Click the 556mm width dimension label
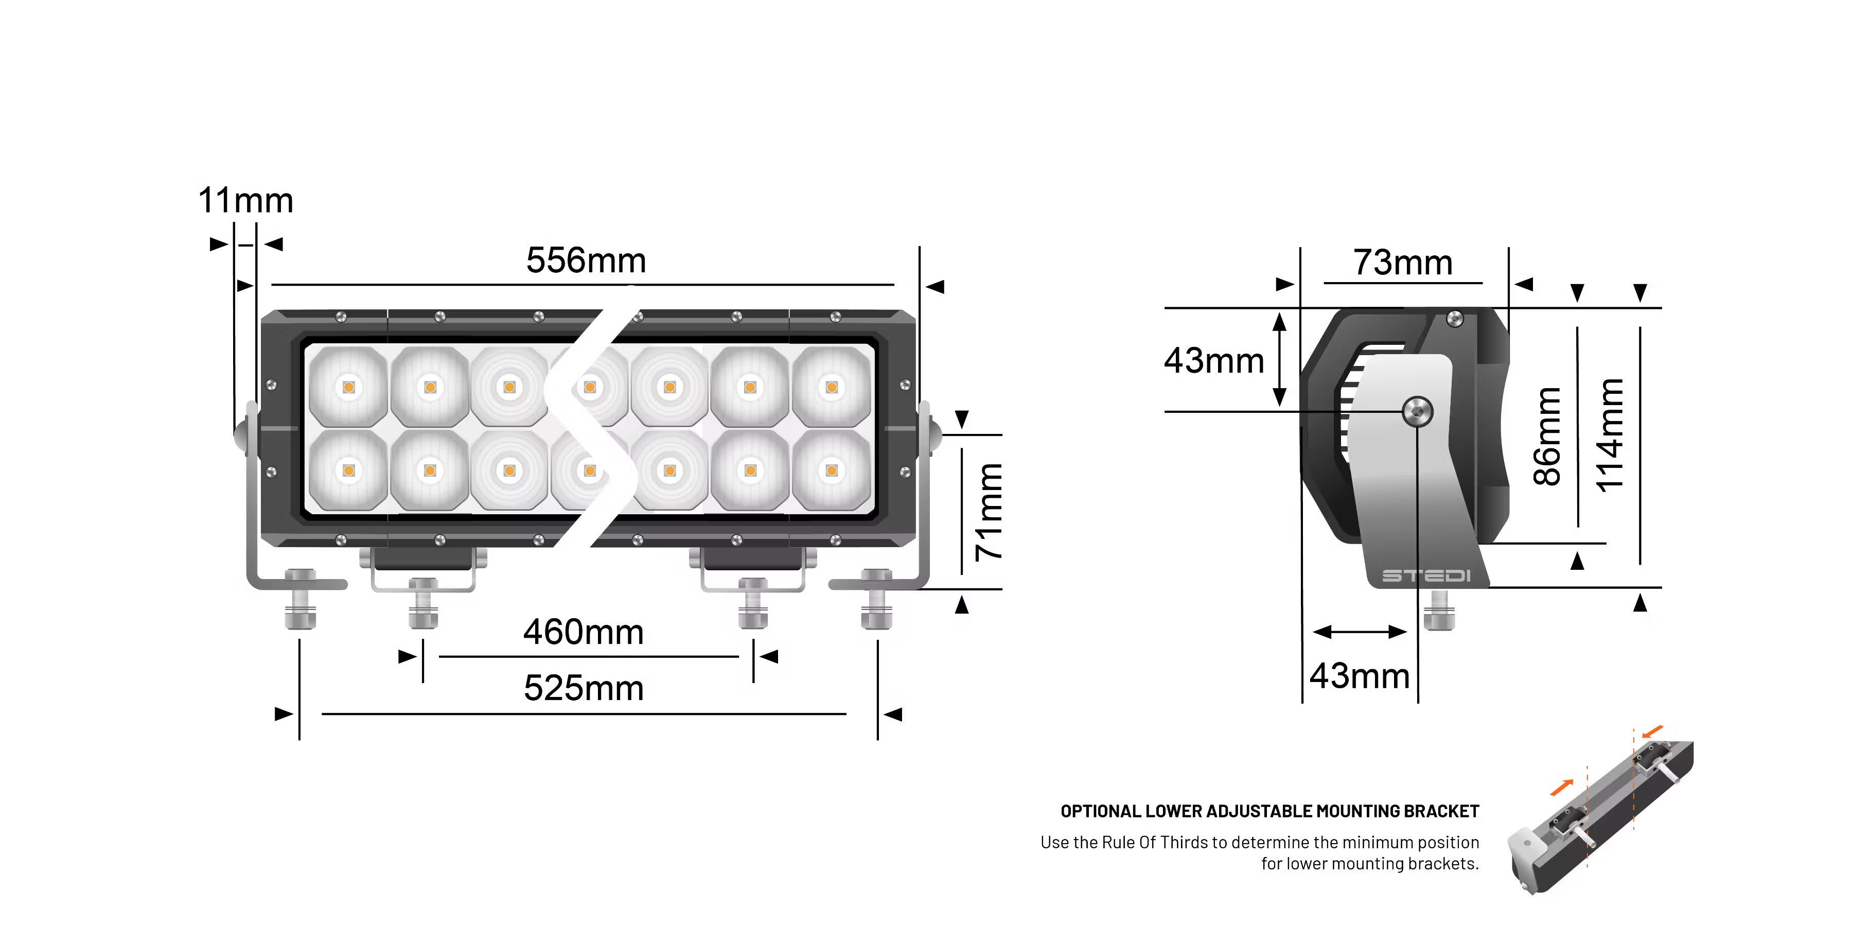point(586,260)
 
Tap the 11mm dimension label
point(246,201)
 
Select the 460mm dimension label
point(583,633)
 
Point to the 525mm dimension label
point(583,688)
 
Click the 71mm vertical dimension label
point(989,512)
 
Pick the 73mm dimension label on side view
point(1403,263)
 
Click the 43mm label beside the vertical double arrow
point(1213,360)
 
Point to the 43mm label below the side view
point(1360,676)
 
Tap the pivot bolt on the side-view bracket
point(1418,412)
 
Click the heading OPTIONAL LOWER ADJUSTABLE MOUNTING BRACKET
point(1269,812)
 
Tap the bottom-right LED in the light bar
point(832,471)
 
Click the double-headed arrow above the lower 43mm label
point(1360,632)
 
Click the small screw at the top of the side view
point(1454,318)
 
